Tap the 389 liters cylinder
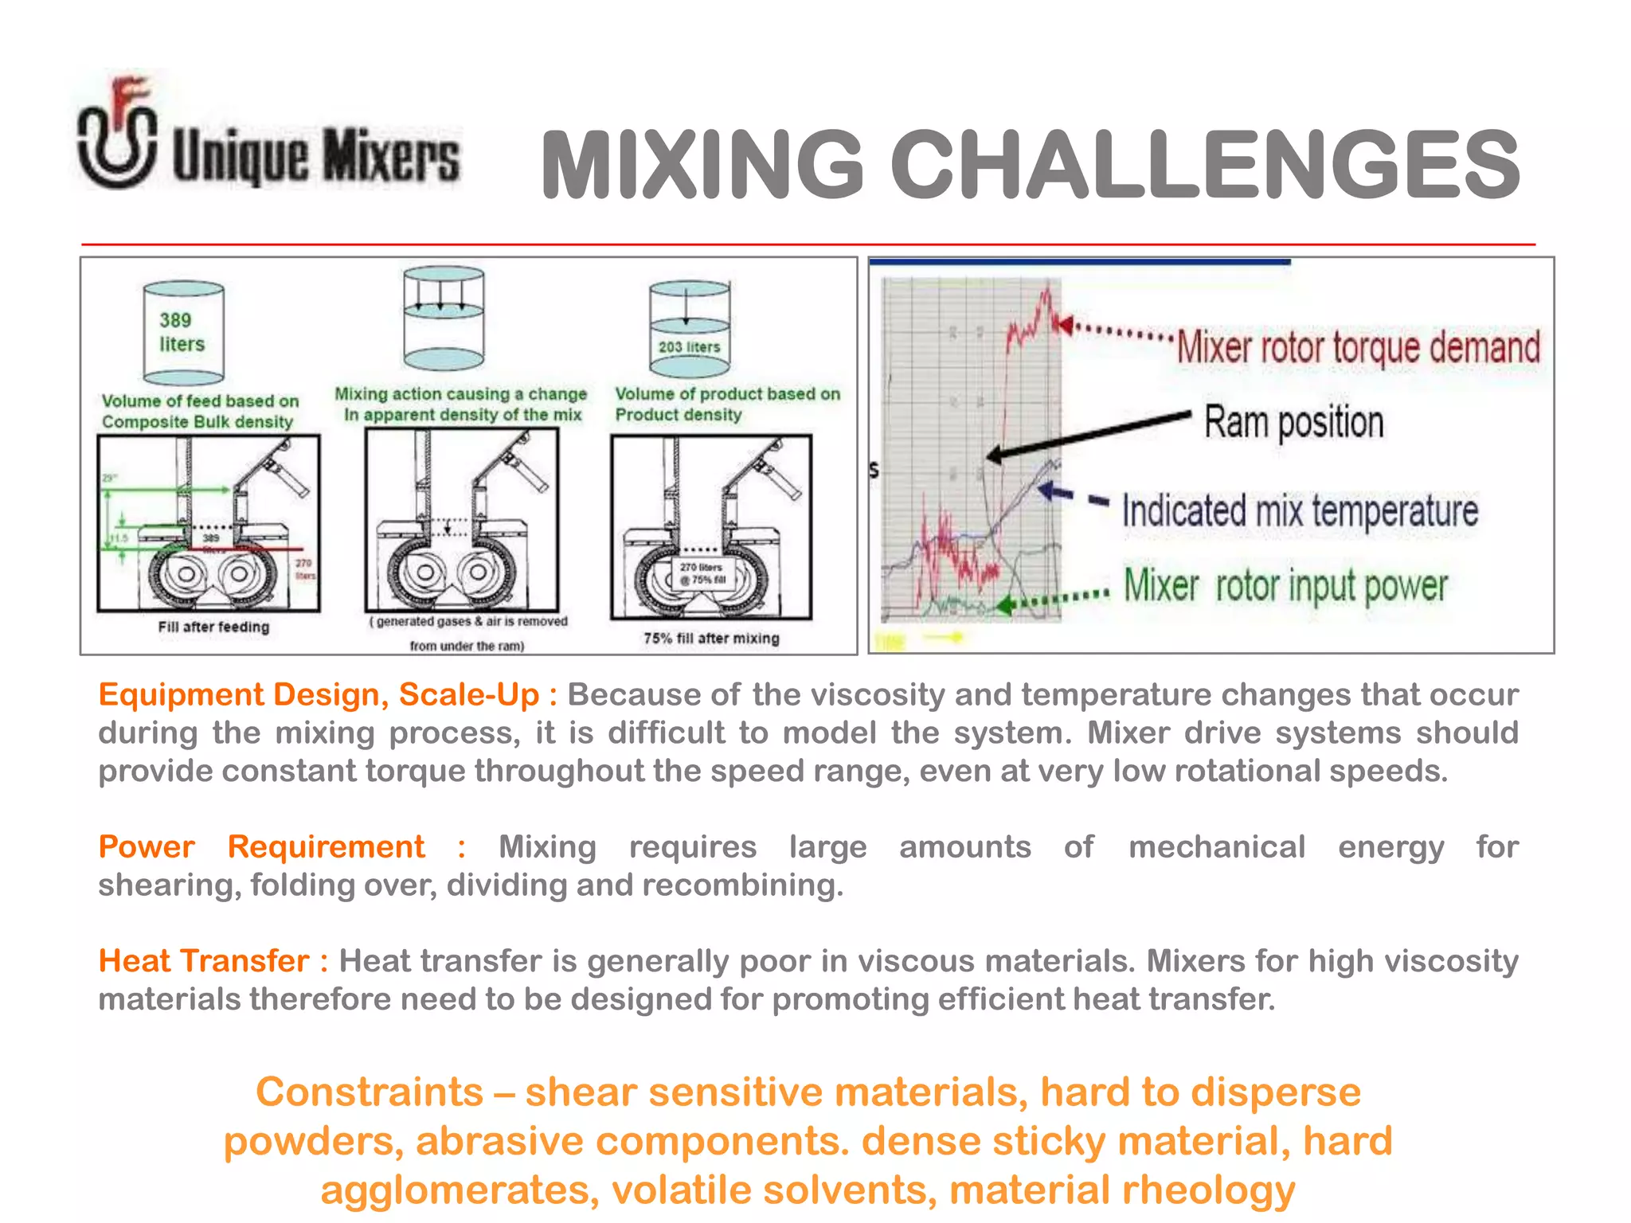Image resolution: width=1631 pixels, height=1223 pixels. (183, 333)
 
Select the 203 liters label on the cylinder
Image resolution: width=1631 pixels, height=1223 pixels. (689, 347)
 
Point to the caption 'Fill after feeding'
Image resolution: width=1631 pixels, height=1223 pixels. (213, 627)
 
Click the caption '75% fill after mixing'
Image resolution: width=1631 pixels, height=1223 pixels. (711, 638)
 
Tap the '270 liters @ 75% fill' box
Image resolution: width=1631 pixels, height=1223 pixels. (702, 573)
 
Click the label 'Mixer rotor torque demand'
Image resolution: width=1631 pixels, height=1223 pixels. (1358, 348)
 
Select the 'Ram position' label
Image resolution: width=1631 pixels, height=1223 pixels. (1293, 421)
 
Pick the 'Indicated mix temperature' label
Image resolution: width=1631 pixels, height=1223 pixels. (1300, 510)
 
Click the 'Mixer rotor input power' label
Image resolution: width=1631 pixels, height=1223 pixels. (1285, 586)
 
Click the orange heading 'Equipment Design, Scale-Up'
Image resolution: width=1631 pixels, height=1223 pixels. (319, 695)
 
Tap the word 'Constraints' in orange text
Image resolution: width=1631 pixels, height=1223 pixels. (370, 1092)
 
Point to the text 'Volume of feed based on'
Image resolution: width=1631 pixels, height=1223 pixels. (200, 401)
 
